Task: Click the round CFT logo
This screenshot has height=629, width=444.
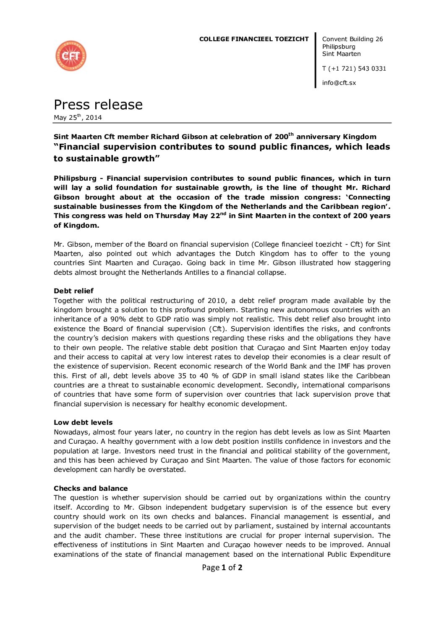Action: [x=71, y=56]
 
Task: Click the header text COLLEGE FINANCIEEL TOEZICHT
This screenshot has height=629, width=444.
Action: [x=253, y=39]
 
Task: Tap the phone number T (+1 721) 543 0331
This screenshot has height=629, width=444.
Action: [x=354, y=68]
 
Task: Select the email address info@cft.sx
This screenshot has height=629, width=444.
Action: [x=339, y=83]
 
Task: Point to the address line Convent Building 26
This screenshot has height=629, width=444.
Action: [x=352, y=39]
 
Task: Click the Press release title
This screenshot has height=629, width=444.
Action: [x=98, y=105]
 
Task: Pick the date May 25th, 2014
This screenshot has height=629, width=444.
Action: [x=78, y=118]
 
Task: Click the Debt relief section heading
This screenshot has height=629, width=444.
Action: [x=73, y=291]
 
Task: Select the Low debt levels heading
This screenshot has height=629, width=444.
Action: [x=83, y=422]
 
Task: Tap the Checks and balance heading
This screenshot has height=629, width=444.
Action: [x=91, y=488]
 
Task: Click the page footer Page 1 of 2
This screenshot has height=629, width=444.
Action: [x=222, y=568]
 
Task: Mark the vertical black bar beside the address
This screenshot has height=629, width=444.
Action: [x=316, y=61]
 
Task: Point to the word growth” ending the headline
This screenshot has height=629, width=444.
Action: [x=139, y=158]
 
